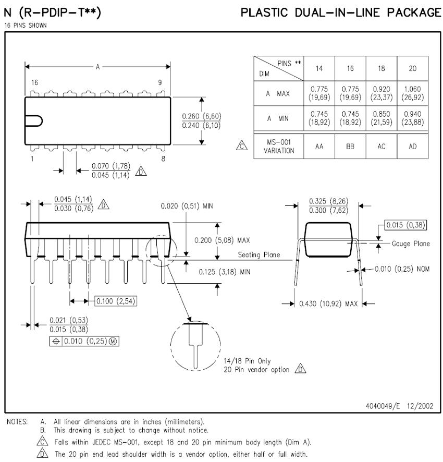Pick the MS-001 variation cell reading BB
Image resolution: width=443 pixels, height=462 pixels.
(x=350, y=147)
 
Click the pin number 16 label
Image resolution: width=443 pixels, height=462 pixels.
(x=34, y=82)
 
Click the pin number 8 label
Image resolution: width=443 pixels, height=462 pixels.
(x=164, y=160)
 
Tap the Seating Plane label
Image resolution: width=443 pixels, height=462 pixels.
(x=259, y=255)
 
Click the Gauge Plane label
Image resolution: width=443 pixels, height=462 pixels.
(x=411, y=244)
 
